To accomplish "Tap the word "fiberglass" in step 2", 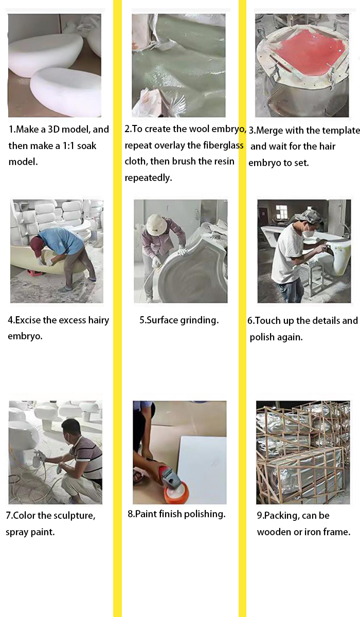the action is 223,145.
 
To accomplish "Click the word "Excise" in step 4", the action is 28,320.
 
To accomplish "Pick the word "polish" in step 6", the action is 262,337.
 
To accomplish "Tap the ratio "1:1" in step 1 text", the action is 68,146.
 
